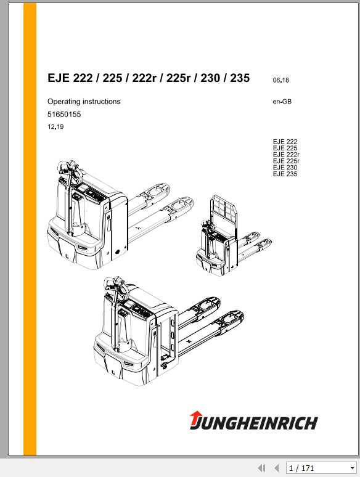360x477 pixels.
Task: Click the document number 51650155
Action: pyautogui.click(x=64, y=115)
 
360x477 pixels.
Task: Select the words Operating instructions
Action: pyautogui.click(x=84, y=102)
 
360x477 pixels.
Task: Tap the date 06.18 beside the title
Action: pyautogui.click(x=280, y=80)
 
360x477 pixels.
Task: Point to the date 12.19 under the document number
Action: pyautogui.click(x=55, y=127)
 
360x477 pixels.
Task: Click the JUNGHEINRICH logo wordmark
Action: pyautogui.click(x=259, y=423)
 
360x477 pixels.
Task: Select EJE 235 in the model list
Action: pyautogui.click(x=285, y=174)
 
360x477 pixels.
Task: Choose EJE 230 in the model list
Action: pyautogui.click(x=285, y=168)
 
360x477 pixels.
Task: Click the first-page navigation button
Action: pyautogui.click(x=261, y=468)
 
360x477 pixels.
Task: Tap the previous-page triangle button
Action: pyautogui.click(x=276, y=468)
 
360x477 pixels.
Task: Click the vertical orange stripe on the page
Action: pyautogui.click(x=30, y=228)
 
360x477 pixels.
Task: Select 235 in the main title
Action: pyautogui.click(x=238, y=78)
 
